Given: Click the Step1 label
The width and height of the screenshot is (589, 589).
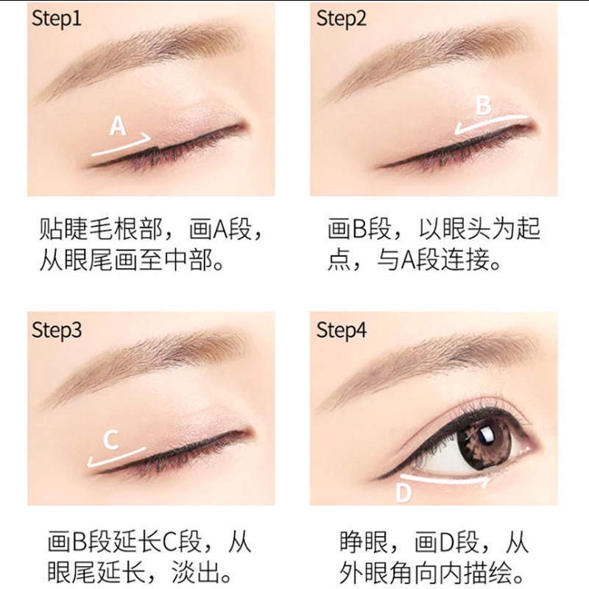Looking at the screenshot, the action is click(x=57, y=18).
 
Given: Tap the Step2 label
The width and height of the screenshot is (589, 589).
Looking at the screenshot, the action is click(x=341, y=18).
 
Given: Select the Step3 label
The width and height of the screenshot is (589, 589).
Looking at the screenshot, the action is click(x=57, y=330).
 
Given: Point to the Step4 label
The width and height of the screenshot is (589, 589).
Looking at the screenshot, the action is click(x=341, y=330).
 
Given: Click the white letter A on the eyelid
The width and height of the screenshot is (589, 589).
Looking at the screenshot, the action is click(x=118, y=126).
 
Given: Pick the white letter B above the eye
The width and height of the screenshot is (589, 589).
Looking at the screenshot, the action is click(x=484, y=105).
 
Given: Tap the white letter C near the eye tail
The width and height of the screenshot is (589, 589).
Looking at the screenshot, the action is click(x=111, y=440).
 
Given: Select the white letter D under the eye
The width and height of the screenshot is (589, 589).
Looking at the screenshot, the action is click(x=403, y=493).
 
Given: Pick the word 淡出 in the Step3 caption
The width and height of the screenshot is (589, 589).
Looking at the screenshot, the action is click(x=197, y=573).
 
